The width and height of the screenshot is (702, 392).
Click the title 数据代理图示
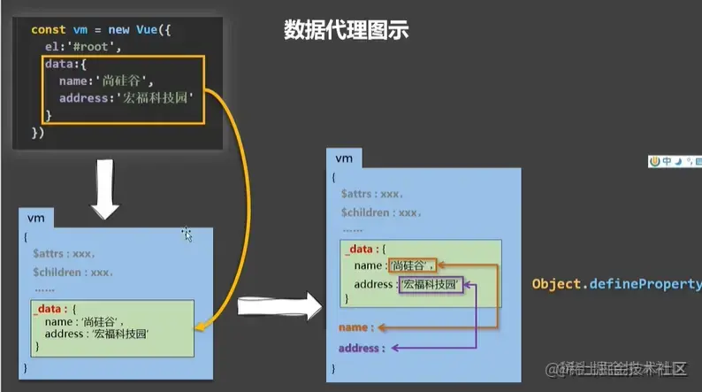[346, 30]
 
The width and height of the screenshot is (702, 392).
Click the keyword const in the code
[48, 29]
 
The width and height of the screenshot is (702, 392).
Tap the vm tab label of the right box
[345, 158]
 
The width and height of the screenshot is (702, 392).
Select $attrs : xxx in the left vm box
[65, 254]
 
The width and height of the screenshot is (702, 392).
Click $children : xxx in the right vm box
[381, 213]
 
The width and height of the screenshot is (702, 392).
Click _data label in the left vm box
[50, 310]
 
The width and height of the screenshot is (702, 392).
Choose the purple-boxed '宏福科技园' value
[431, 284]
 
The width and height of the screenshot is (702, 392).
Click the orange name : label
[357, 327]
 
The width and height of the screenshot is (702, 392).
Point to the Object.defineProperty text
[616, 284]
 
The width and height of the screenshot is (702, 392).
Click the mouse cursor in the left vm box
[186, 234]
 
